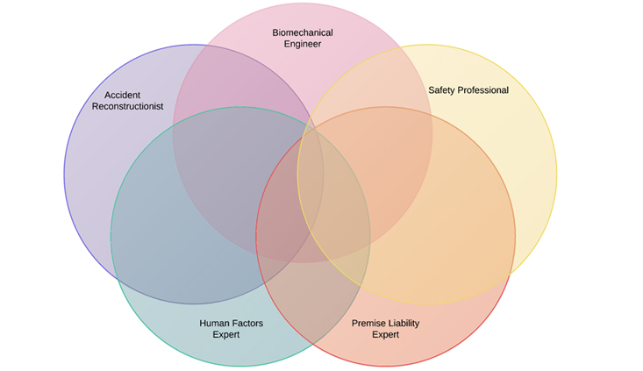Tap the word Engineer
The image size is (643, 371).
click(x=302, y=44)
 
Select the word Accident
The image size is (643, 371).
click(x=123, y=95)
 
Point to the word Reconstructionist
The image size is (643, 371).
click(x=128, y=106)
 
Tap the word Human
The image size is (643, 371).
click(x=214, y=323)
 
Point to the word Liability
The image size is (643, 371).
click(x=404, y=323)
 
